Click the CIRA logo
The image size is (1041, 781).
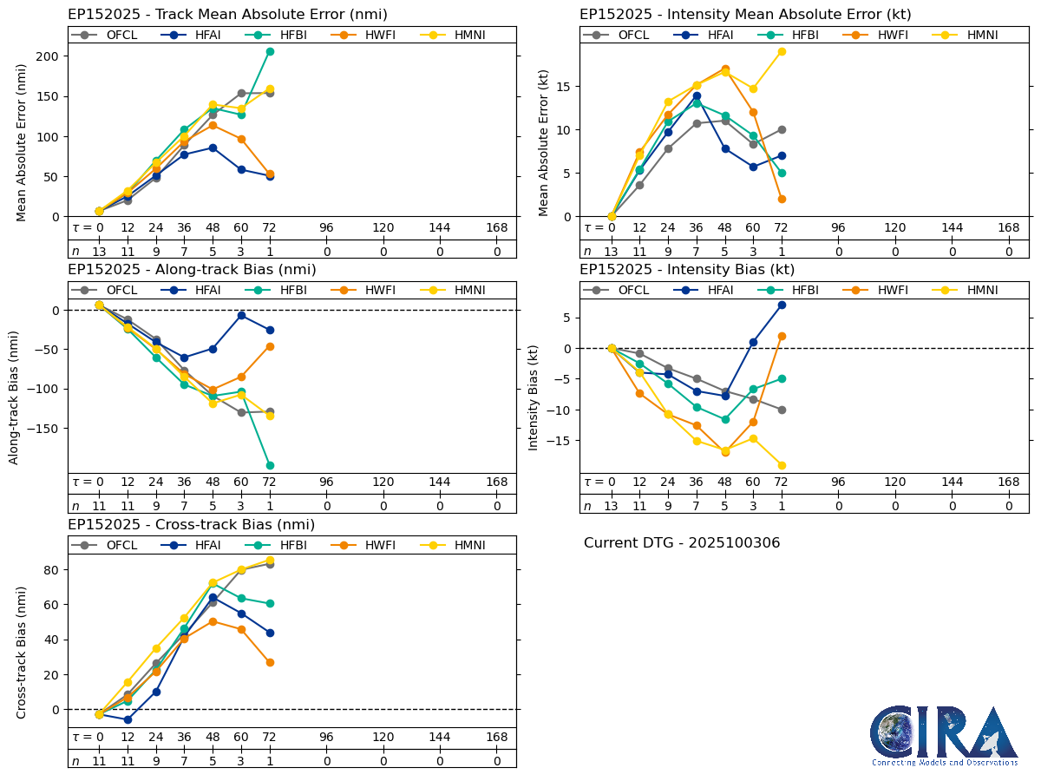(944, 735)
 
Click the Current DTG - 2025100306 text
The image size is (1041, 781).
(682, 543)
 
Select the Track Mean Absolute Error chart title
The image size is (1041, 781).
(227, 14)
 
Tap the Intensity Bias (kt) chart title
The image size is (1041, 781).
(687, 269)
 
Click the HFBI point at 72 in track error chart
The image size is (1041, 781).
(270, 51)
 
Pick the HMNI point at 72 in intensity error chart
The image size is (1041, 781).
(782, 51)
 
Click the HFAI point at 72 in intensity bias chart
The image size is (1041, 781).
(782, 305)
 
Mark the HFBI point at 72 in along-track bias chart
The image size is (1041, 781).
(270, 465)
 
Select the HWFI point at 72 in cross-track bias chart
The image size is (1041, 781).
(270, 662)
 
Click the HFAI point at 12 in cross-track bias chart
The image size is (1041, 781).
(128, 719)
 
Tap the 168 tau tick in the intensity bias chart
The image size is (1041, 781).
(1009, 482)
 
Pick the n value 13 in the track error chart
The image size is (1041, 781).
(99, 252)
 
